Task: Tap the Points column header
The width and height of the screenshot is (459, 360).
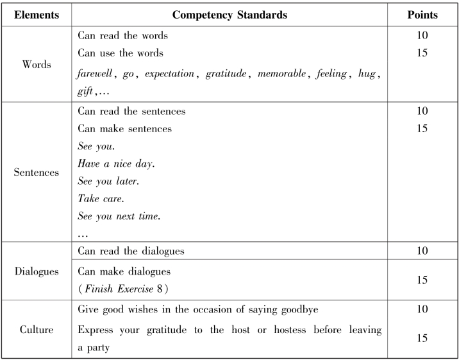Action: coord(422,13)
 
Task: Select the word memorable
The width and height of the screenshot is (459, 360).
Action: coord(282,74)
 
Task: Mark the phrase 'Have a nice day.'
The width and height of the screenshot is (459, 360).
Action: coord(116,164)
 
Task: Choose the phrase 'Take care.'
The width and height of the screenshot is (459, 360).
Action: coord(99,199)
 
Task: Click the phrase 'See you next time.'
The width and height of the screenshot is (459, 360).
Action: coord(117,216)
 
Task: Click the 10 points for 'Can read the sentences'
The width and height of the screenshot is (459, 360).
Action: coord(422,112)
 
